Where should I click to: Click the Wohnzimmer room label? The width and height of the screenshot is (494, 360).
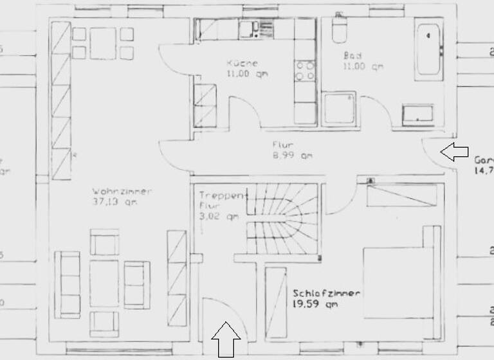pos(122,191)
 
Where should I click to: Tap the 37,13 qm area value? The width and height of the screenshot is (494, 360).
pos(115,202)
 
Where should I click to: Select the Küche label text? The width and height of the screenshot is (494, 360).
pos(242,63)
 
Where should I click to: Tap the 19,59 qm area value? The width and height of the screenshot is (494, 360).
pos(315,303)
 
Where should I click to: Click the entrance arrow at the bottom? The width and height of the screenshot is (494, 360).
pos(226,339)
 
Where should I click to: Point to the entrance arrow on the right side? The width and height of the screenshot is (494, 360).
pos(455,152)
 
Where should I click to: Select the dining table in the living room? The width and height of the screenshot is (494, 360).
pos(102,44)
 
